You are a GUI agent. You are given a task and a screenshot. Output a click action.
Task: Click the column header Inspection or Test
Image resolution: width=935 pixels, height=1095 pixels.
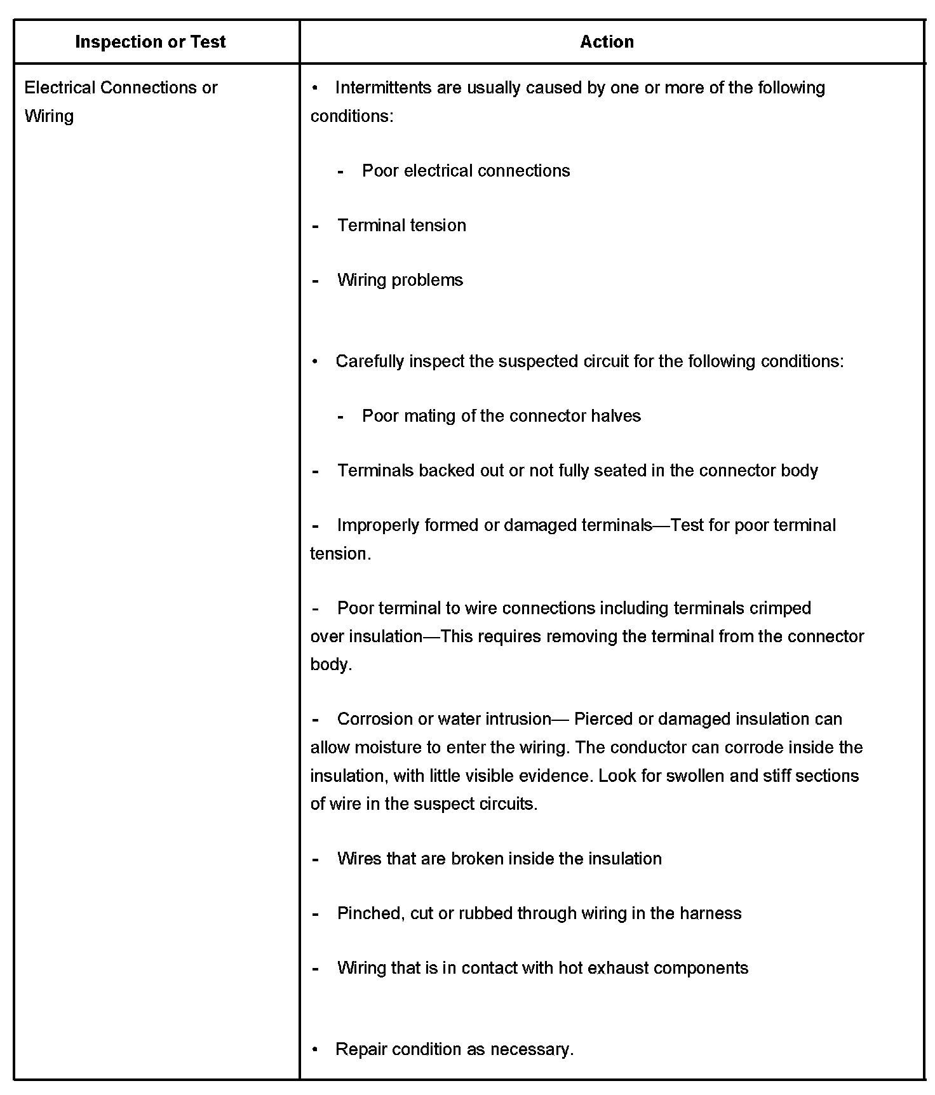point(151,42)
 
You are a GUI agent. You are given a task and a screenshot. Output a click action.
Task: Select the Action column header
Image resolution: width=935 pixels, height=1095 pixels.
point(607,42)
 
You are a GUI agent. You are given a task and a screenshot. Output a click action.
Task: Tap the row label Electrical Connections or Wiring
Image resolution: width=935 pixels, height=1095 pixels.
point(121,102)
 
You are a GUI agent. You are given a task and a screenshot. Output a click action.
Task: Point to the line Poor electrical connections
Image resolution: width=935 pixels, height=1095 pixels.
point(466,171)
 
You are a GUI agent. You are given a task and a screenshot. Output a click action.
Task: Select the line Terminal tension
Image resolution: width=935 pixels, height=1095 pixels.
point(401,225)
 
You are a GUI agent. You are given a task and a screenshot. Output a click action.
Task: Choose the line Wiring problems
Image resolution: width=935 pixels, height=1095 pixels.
point(400,280)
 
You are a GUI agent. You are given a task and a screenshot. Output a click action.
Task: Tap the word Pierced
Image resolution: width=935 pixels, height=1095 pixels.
point(603,719)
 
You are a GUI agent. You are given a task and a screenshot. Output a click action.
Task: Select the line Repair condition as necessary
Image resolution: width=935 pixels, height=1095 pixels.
point(454,1049)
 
